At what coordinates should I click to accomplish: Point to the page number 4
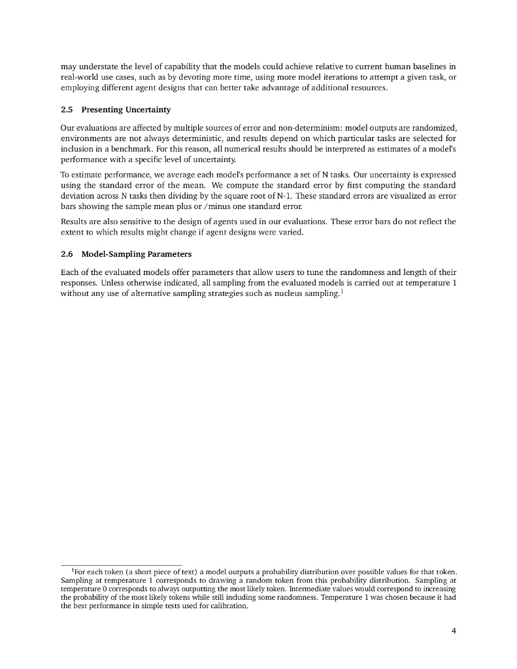click(454, 630)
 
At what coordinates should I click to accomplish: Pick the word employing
click(80, 88)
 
